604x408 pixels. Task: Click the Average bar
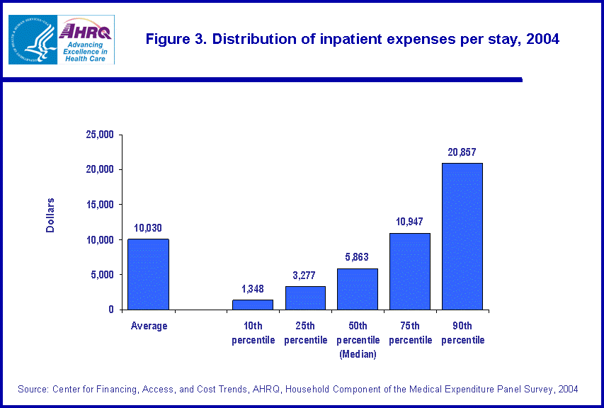148,274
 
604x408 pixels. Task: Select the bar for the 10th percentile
253,305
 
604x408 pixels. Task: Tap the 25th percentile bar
305,297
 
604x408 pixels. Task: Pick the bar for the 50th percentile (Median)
358,289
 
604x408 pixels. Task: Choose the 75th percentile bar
410,271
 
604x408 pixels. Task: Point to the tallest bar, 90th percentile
462,237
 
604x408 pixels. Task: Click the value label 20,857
462,152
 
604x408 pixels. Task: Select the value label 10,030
148,228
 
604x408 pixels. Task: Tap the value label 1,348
253,289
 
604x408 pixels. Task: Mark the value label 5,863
358,257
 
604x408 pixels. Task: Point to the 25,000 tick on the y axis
100,135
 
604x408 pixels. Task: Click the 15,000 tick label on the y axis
100,205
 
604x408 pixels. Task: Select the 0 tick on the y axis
111,310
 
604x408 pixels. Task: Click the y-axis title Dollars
51,215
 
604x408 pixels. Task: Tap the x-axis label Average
149,326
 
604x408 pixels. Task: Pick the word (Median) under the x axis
358,354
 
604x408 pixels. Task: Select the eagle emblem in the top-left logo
30,39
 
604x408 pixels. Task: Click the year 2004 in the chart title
542,40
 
